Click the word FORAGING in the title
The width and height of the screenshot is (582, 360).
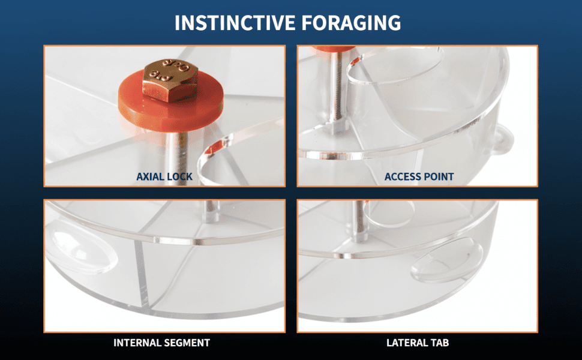click(x=351, y=23)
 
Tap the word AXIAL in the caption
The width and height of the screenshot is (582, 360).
click(x=149, y=176)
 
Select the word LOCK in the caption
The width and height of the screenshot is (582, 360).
click(x=179, y=176)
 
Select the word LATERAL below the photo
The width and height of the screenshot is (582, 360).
click(x=406, y=343)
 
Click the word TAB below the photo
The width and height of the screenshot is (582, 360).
click(x=439, y=343)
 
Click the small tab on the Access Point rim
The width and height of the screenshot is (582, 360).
click(x=503, y=140)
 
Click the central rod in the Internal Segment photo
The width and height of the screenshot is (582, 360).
click(x=211, y=211)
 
